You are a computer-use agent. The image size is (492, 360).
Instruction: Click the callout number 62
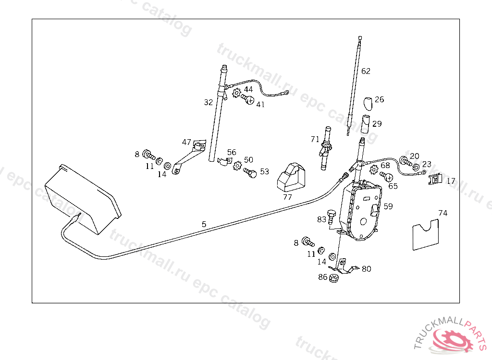366,71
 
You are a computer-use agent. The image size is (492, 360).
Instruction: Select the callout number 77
287,197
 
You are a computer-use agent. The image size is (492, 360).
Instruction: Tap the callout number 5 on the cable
204,224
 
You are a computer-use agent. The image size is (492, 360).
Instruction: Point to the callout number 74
443,213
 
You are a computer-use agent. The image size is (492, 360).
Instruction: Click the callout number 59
388,206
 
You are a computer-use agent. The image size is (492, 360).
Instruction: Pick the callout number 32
208,102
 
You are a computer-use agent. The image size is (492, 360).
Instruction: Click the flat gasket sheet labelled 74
426,235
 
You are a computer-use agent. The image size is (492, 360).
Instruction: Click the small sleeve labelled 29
365,124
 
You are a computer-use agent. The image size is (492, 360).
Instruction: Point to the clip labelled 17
434,180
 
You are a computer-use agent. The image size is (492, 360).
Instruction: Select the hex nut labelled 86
335,277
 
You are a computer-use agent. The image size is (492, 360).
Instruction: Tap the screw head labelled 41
248,100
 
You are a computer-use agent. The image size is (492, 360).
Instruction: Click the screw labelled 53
250,172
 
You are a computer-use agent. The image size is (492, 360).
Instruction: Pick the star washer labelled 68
375,169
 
